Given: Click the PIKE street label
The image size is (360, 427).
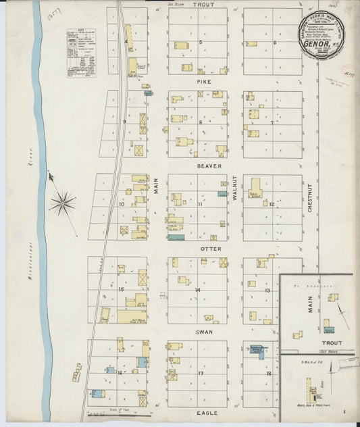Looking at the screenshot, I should point(204,82).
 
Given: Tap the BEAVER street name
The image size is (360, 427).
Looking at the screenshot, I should point(205,166).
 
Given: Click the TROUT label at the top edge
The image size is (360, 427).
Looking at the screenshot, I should point(203,5).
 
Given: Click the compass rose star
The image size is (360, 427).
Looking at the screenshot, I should point(62,201).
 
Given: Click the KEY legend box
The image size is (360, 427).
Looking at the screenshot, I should point(81,54).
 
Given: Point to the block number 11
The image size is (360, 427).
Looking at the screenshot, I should point(200,204).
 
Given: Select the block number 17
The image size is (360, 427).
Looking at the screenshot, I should point(201,374).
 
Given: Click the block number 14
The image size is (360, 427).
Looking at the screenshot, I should point(198,290).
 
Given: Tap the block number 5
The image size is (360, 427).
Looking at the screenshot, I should point(201,42).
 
